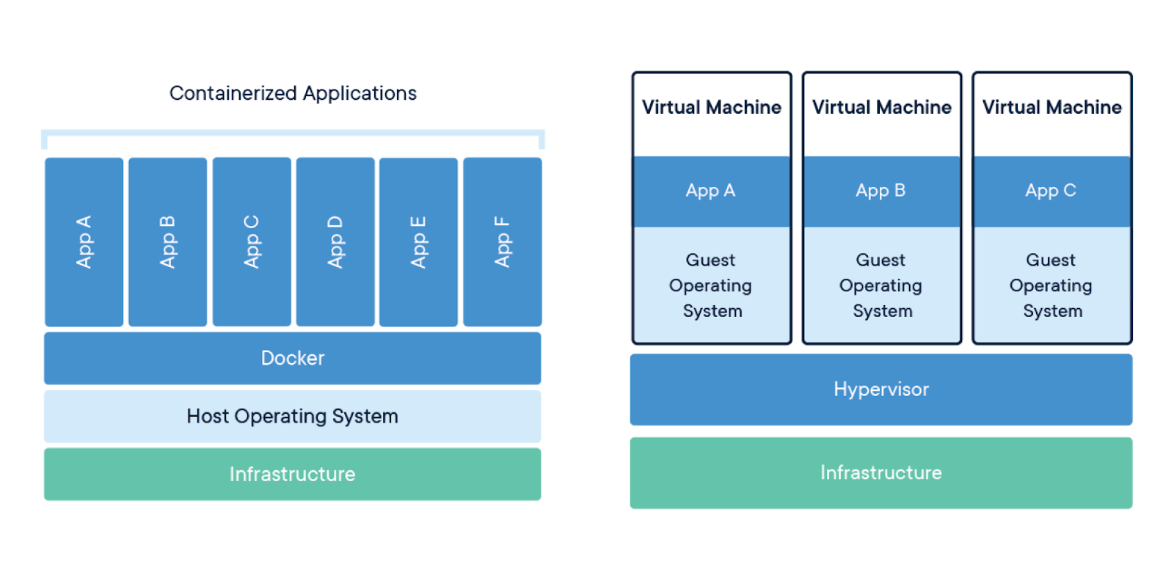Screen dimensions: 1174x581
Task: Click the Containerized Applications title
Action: pos(293,93)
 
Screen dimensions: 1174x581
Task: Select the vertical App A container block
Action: pos(84,242)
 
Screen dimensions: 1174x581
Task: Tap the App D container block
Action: pos(335,242)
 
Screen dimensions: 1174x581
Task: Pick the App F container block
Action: pos(503,242)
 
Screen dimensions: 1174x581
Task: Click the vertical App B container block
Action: pos(168,242)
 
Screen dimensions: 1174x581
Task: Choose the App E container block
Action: pos(419,242)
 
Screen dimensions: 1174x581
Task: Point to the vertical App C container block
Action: pos(252,242)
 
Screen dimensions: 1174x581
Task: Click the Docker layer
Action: pos(293,358)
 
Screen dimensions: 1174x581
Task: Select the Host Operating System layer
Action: pos(293,417)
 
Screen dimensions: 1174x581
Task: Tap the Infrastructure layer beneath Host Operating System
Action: pos(293,474)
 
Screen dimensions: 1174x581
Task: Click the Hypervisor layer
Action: pos(881,390)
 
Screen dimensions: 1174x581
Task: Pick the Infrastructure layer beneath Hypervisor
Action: pos(881,473)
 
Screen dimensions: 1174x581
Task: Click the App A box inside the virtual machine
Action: pos(711,191)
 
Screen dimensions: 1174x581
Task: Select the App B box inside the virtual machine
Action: pos(881,191)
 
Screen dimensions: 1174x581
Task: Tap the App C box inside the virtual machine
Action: pos(1052,191)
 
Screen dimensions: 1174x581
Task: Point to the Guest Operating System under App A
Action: pos(711,285)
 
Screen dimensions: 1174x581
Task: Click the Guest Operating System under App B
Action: pos(881,285)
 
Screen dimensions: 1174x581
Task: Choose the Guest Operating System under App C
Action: pos(1052,285)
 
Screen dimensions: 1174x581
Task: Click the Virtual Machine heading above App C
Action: pos(1052,107)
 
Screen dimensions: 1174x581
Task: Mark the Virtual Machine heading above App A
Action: pos(712,107)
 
